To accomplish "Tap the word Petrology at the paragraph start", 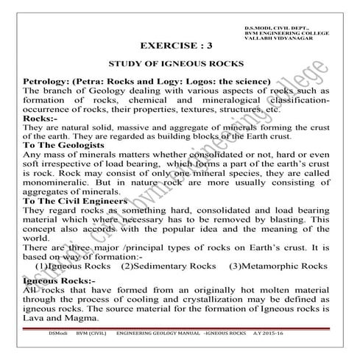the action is coord(50,80).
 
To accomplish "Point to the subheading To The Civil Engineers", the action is coord(76,200).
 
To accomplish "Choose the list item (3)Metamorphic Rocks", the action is coord(278,265).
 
